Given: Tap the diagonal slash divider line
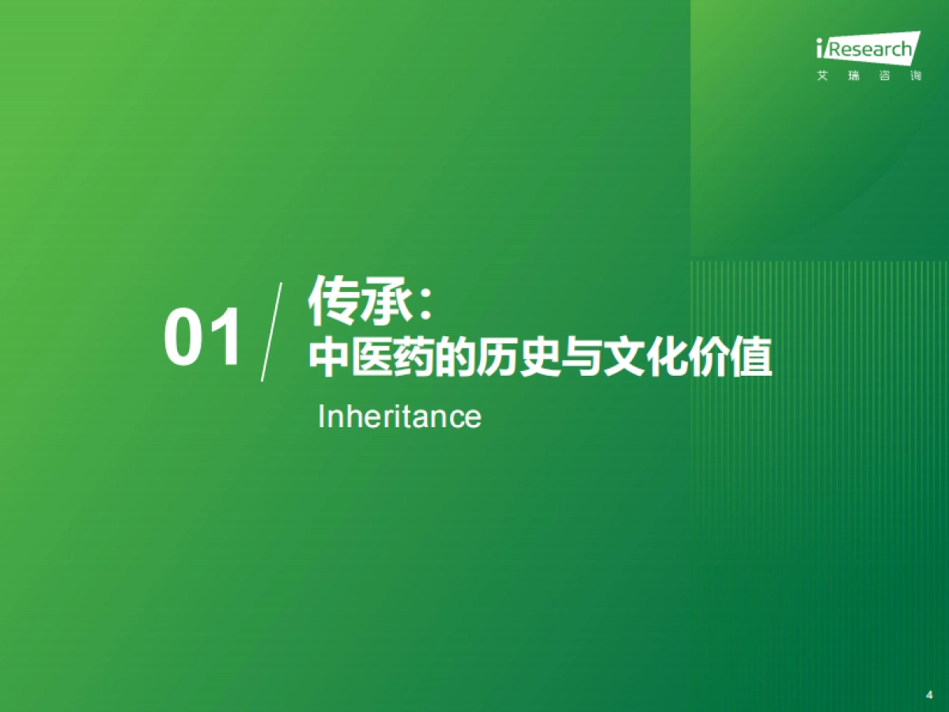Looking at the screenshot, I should tap(271, 332).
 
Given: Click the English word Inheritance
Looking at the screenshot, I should tap(399, 416).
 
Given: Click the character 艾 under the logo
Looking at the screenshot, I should tap(822, 77).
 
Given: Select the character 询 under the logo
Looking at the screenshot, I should tap(915, 77).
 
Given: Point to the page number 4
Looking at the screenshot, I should tap(929, 694).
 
